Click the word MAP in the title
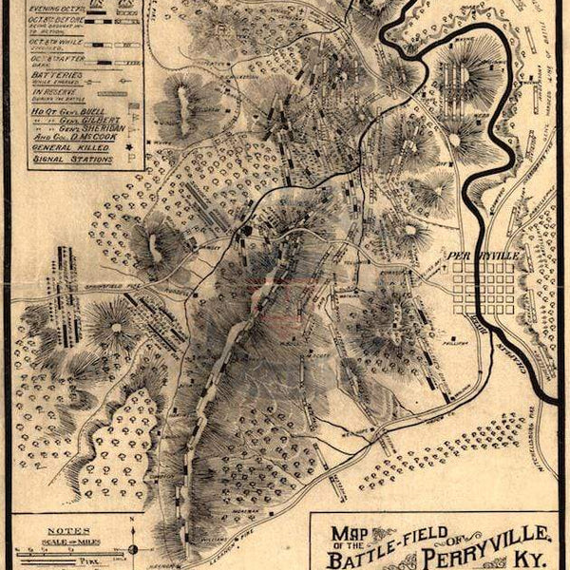pos(346,533)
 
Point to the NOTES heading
pos(73,530)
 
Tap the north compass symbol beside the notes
pos(132,548)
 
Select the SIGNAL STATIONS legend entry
pos(72,160)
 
